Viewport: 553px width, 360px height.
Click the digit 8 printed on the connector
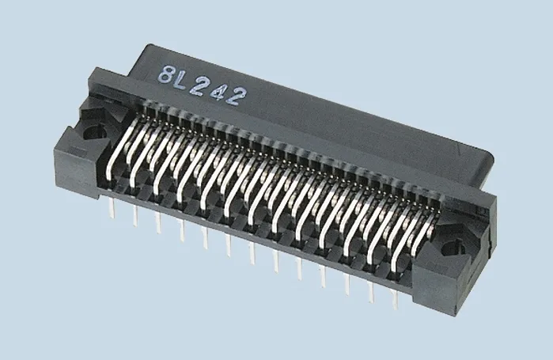coord(167,77)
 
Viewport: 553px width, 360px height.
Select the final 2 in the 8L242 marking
coord(237,95)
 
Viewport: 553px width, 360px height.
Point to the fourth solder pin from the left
coord(182,231)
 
